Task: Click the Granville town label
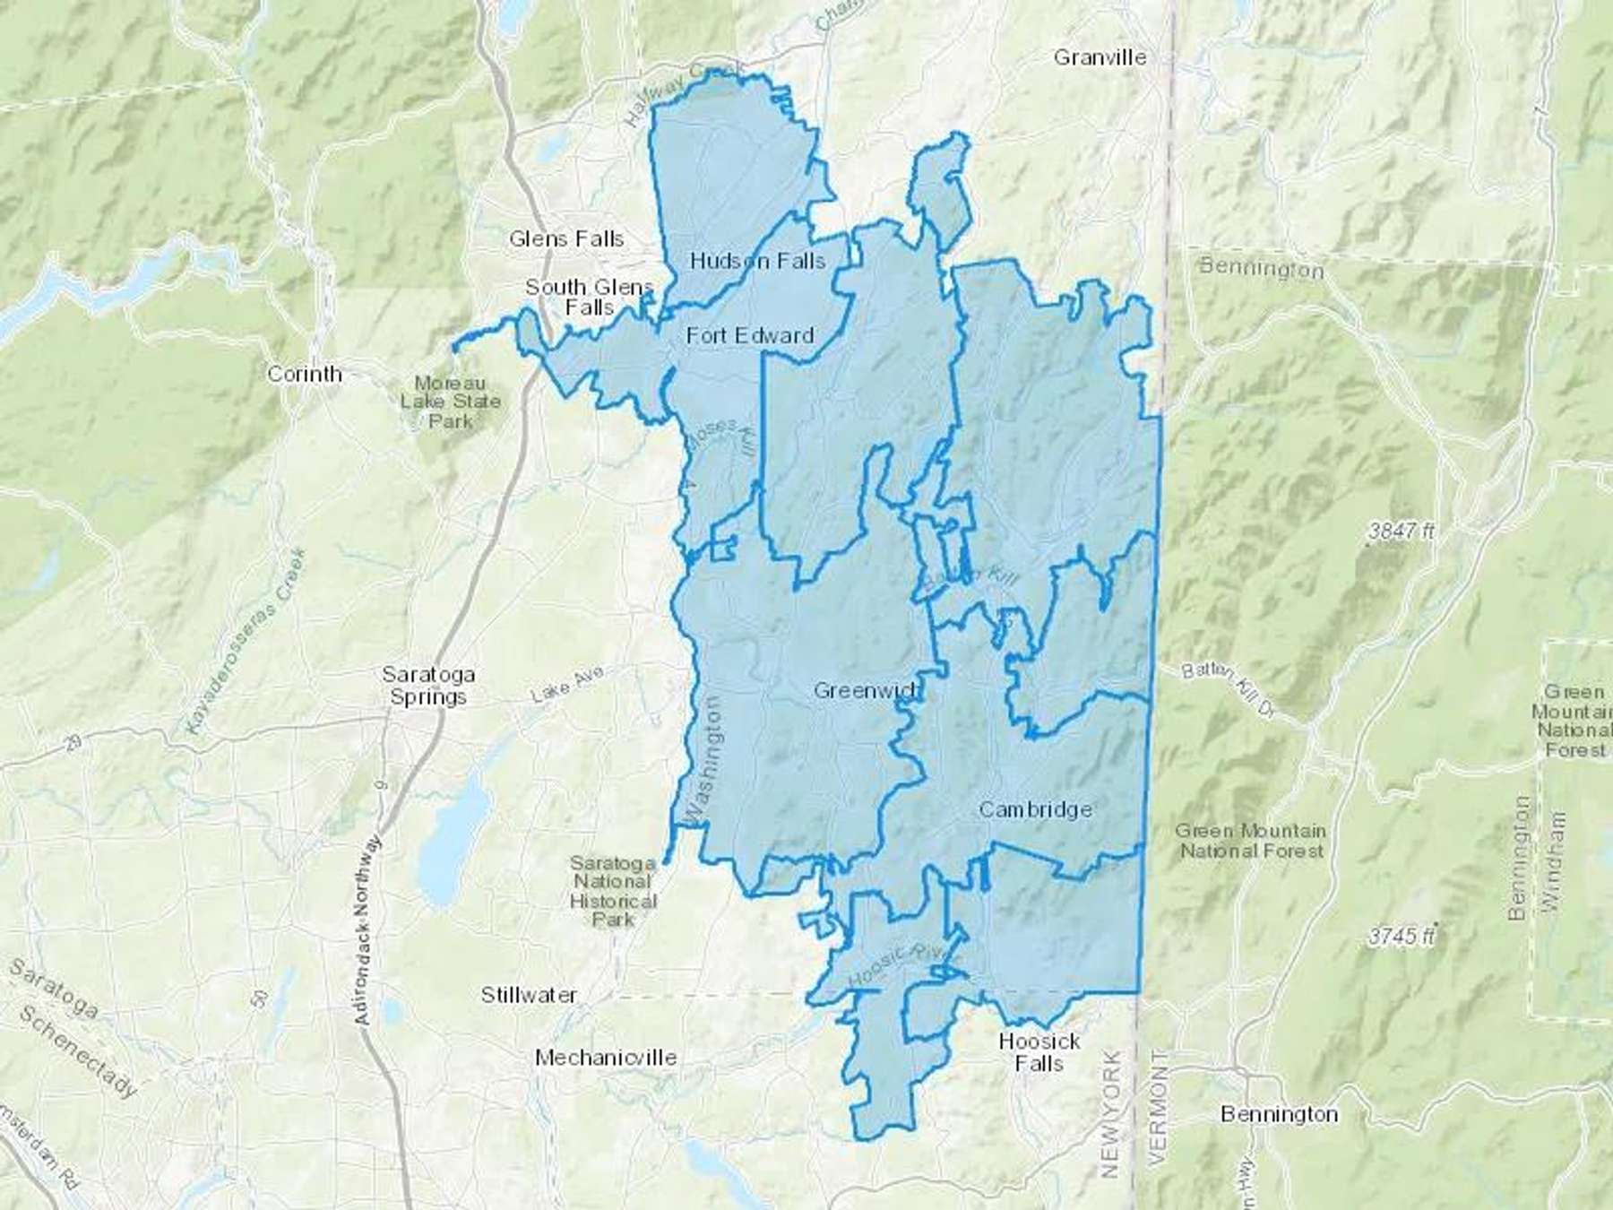pyautogui.click(x=1100, y=57)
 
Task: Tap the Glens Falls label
pyautogui.click(x=566, y=238)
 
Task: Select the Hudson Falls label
pyautogui.click(x=757, y=261)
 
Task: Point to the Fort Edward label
pyautogui.click(x=750, y=335)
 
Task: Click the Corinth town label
pyautogui.click(x=305, y=374)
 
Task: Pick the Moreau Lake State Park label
pyautogui.click(x=450, y=402)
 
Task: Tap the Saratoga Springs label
pyautogui.click(x=428, y=686)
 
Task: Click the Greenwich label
pyautogui.click(x=866, y=691)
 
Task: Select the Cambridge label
pyautogui.click(x=1035, y=809)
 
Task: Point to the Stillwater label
pyautogui.click(x=529, y=995)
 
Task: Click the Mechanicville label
pyautogui.click(x=606, y=1058)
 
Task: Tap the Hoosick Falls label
pyautogui.click(x=1039, y=1052)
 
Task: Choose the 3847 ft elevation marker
pyautogui.click(x=1401, y=532)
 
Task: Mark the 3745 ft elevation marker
pyautogui.click(x=1401, y=937)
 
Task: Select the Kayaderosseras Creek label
pyautogui.click(x=246, y=643)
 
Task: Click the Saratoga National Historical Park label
pyautogui.click(x=614, y=891)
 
